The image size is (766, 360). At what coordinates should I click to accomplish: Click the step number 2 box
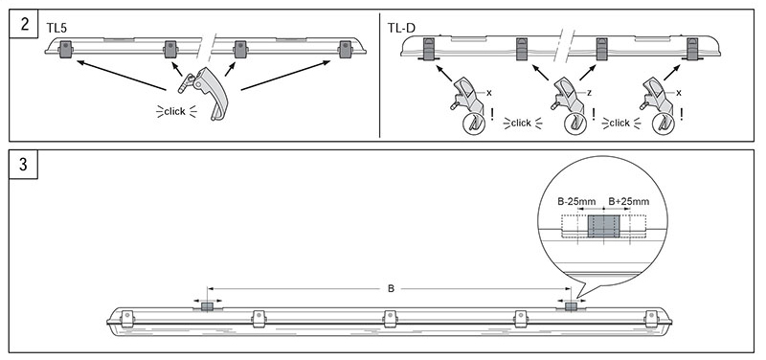click(23, 23)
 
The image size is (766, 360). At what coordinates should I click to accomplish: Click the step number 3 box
click(23, 165)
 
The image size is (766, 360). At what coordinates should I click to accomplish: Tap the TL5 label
click(56, 28)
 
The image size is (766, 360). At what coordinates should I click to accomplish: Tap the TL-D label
click(401, 28)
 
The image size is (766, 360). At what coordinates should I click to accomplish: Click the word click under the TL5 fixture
click(175, 111)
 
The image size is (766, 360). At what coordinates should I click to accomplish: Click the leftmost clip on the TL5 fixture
click(65, 50)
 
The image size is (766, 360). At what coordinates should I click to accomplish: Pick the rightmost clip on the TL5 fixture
click(346, 50)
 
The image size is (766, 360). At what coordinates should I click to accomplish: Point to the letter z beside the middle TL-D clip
click(590, 92)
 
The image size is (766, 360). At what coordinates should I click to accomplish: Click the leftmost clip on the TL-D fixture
click(428, 50)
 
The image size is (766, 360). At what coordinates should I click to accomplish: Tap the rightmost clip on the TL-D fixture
click(692, 50)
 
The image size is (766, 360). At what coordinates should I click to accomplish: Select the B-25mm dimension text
click(573, 201)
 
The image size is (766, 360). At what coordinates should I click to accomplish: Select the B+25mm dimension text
click(629, 201)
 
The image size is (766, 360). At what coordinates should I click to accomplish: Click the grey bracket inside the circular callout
click(603, 226)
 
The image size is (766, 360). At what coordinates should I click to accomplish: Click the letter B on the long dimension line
click(391, 289)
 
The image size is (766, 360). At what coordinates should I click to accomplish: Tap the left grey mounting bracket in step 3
click(207, 306)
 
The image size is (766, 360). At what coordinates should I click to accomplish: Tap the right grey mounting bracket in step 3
click(571, 306)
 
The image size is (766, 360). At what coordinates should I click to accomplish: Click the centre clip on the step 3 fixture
click(390, 319)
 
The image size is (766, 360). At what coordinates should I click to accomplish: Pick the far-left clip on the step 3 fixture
click(127, 319)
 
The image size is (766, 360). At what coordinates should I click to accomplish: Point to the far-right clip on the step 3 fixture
click(651, 319)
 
